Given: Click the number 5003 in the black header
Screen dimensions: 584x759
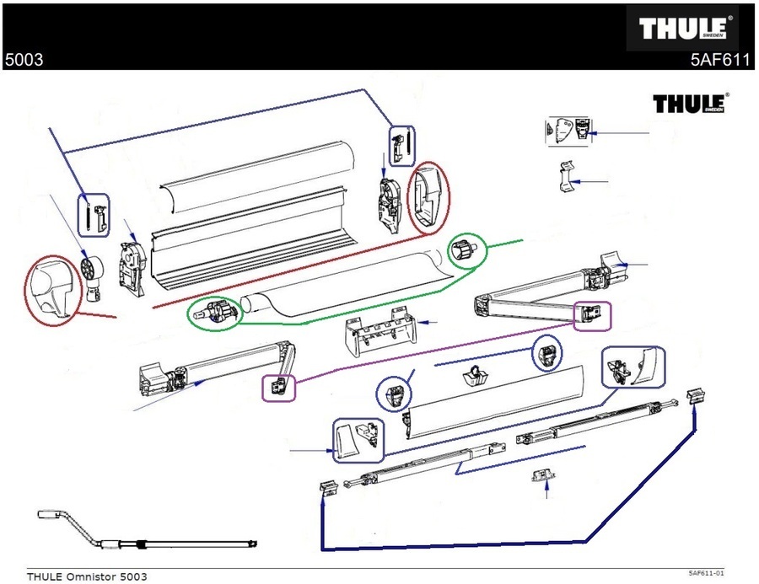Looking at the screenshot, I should point(24,60).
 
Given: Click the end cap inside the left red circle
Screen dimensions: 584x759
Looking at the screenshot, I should point(51,289).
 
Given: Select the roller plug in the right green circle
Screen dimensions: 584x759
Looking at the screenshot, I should point(465,251).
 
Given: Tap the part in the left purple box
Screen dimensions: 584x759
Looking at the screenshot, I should point(278,387).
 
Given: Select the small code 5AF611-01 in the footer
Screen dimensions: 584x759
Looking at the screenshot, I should point(706,573).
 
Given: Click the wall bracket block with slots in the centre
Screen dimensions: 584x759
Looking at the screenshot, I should point(379,333).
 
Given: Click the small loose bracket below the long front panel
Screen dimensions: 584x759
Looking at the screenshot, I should point(540,478).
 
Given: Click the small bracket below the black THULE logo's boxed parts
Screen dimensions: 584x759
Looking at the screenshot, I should point(563,178).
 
